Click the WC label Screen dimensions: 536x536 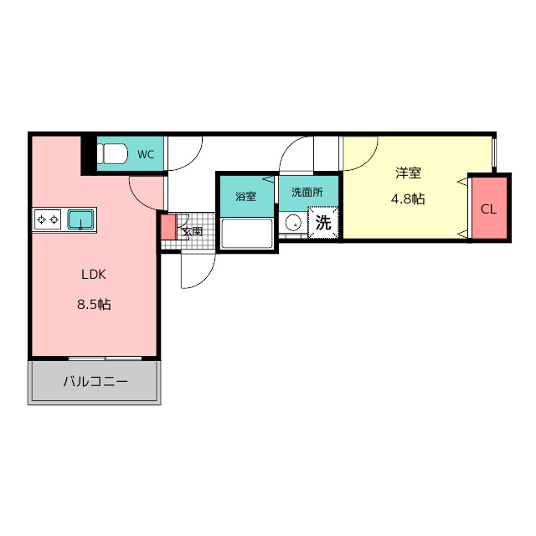[146, 154]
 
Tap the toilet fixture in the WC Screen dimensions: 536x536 [112, 153]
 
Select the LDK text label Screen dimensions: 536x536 [94, 275]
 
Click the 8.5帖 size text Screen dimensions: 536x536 [94, 304]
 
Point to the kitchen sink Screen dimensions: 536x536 [80, 219]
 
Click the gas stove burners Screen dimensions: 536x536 [48, 219]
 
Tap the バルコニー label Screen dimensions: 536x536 [95, 381]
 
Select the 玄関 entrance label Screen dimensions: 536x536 [192, 231]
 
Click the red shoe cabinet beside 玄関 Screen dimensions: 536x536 [168, 227]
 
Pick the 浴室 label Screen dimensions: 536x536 [245, 196]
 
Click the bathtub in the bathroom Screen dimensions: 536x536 [247, 234]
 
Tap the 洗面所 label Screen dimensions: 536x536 [307, 193]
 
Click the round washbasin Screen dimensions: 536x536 [293, 223]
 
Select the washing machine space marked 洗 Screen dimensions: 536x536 [323, 222]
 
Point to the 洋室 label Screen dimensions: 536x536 [408, 173]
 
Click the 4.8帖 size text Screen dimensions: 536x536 [408, 198]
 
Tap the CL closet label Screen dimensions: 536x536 [488, 209]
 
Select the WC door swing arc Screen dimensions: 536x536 [190, 160]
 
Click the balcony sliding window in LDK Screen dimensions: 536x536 [105, 358]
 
